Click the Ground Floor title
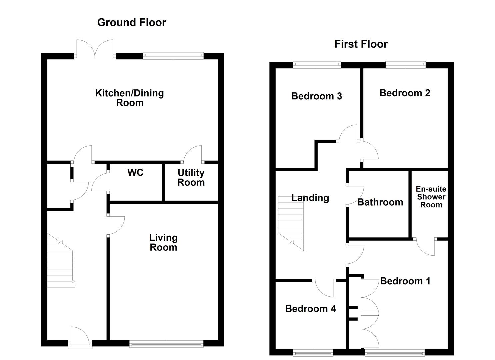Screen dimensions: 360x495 pyautogui.click(x=131, y=22)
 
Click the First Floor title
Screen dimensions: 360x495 pyautogui.click(x=361, y=44)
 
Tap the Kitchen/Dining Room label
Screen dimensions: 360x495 pyautogui.click(x=129, y=98)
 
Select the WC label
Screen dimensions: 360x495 pyautogui.click(x=135, y=172)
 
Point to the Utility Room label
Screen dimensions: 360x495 pyautogui.click(x=191, y=177)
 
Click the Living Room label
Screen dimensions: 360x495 pyautogui.click(x=163, y=242)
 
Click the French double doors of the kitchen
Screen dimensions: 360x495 pyautogui.click(x=95, y=49)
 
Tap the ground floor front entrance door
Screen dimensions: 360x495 pyautogui.click(x=80, y=337)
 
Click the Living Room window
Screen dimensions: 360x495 pyautogui.click(x=166, y=344)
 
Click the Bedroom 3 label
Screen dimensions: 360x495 pyautogui.click(x=316, y=96)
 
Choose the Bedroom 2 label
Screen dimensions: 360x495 pyautogui.click(x=405, y=93)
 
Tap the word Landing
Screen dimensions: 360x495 pyautogui.click(x=310, y=198)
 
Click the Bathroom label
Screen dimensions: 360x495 pyautogui.click(x=380, y=202)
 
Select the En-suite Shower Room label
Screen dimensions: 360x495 pyautogui.click(x=431, y=197)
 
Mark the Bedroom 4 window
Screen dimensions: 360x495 pyautogui.click(x=313, y=352)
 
